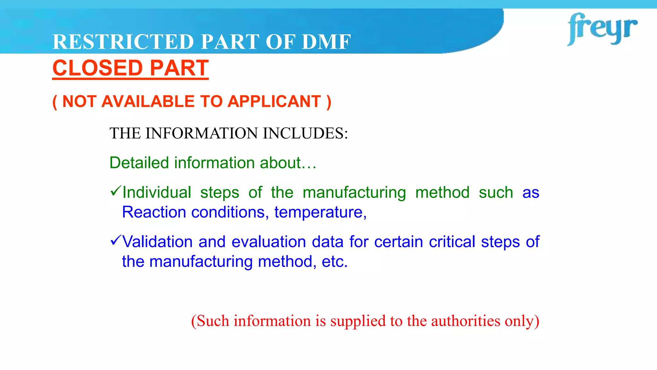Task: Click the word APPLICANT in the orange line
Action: click(274, 101)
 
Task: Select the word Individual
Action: click(157, 192)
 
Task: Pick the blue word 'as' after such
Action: click(531, 193)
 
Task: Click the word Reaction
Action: click(154, 212)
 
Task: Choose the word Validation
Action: click(157, 242)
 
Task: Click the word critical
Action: click(452, 242)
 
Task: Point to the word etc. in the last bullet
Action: click(335, 261)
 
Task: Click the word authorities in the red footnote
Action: click(465, 321)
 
